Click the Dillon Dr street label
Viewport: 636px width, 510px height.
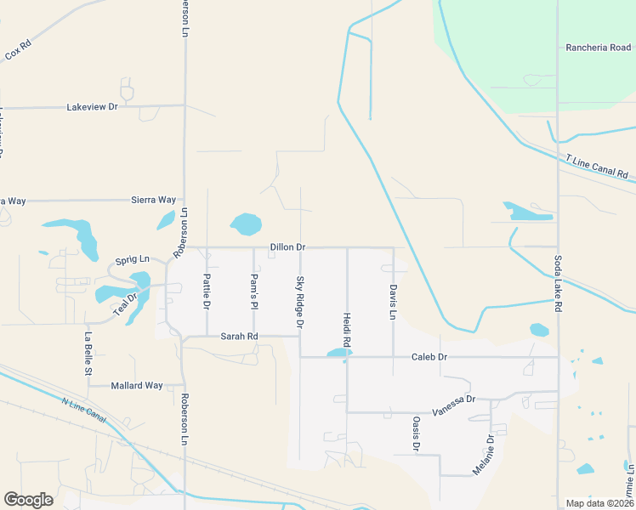click(287, 247)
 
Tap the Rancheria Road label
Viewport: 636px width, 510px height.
click(598, 48)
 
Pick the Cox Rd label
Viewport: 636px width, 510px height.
click(18, 52)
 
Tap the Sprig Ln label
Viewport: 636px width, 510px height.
click(132, 259)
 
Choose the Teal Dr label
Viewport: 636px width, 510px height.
click(126, 305)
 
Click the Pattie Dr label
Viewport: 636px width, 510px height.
click(207, 291)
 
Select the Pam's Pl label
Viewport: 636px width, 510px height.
click(253, 290)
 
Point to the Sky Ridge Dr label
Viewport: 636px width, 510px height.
click(299, 302)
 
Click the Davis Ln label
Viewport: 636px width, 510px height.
click(393, 302)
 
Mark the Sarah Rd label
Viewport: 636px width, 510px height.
click(239, 337)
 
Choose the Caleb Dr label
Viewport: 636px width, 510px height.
click(429, 357)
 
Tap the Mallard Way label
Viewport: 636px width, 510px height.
click(137, 385)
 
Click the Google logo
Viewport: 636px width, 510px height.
click(28, 499)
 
